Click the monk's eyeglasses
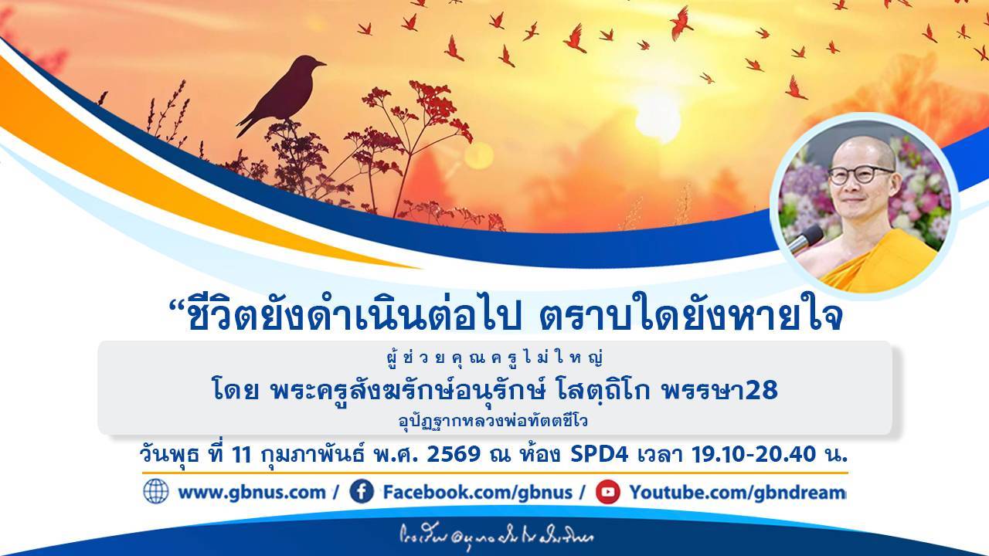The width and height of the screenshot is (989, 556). [860, 174]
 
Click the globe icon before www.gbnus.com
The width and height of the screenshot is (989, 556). [155, 491]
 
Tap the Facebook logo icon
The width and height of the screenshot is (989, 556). [362, 491]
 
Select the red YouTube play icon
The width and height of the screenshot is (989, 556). [607, 491]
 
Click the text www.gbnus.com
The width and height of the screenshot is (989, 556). [251, 492]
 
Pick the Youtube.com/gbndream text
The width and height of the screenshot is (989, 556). [737, 492]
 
